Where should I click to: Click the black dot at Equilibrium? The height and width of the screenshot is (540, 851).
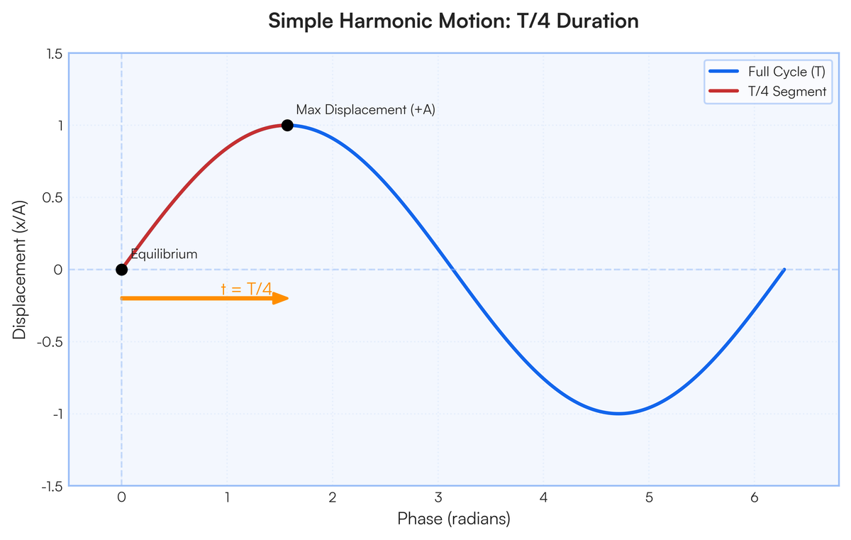[x=121, y=270]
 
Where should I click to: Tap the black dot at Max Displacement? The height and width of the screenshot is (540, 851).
[x=287, y=125]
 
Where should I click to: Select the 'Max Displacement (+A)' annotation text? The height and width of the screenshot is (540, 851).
[x=365, y=110]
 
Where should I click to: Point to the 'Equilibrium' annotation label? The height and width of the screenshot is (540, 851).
[x=164, y=254]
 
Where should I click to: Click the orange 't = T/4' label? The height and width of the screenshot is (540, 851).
[x=247, y=290]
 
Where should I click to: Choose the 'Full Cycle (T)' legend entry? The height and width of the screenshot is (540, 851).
[x=767, y=72]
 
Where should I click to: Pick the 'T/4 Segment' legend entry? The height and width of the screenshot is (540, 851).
[x=767, y=92]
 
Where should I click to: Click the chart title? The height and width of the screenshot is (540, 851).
[x=454, y=21]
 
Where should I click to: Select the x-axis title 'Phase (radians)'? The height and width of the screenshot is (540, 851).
[x=454, y=519]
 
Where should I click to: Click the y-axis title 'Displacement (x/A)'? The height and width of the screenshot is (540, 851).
[x=19, y=270]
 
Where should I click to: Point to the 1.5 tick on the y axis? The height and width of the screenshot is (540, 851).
[x=55, y=54]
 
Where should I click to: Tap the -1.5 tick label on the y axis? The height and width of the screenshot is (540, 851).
[x=52, y=486]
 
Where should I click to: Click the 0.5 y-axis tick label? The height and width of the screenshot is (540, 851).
[x=52, y=197]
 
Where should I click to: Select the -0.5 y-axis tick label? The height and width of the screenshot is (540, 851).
[x=50, y=342]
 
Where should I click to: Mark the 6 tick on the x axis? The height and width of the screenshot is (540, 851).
[x=755, y=497]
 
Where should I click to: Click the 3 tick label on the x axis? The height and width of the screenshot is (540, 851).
[x=438, y=497]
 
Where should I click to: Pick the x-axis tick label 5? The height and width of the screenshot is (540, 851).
[x=649, y=497]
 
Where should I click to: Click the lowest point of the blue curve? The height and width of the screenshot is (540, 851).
[x=618, y=414]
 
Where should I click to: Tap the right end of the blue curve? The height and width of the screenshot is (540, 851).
[x=784, y=270]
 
